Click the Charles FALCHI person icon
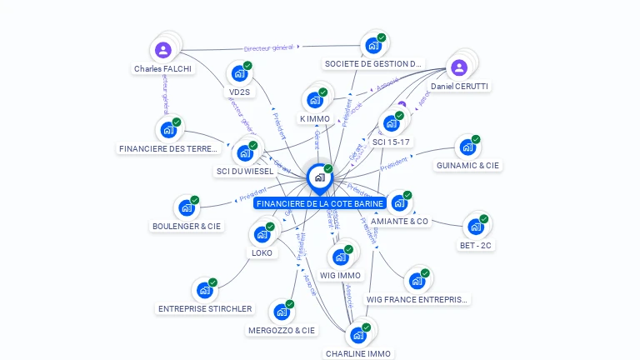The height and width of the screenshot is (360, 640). pos(163,50)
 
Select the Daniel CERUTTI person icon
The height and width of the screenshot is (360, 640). pos(458,67)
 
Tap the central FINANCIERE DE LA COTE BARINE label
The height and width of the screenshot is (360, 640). pos(320,203)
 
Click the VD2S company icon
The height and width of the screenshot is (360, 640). pos(240,74)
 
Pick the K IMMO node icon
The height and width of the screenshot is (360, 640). pos(314,100)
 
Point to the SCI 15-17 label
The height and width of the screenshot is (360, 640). pos(392,142)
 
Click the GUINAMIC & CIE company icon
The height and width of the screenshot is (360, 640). pos(467,147)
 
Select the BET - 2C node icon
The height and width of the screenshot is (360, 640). pos(476,227)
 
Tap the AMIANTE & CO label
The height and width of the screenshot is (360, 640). pos(399,222)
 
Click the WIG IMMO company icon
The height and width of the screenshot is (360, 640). pos(341,257)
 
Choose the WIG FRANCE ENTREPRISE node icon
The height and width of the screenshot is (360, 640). pos(417,281)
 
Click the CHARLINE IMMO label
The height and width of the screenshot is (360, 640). pos(358,353)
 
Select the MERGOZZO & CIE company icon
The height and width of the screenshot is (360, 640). pos(282,312)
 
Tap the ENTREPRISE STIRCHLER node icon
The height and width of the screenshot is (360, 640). pos(204,291)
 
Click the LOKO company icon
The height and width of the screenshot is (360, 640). pos(262,235)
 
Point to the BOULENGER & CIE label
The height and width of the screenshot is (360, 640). pos(187,226)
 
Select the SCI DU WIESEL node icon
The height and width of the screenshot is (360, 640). pos(245,153)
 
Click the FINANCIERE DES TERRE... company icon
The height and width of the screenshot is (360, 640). pos(168,131)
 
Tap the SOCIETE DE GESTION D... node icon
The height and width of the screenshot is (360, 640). pos(372,46)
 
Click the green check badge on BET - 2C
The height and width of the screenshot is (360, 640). pos(484,219)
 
